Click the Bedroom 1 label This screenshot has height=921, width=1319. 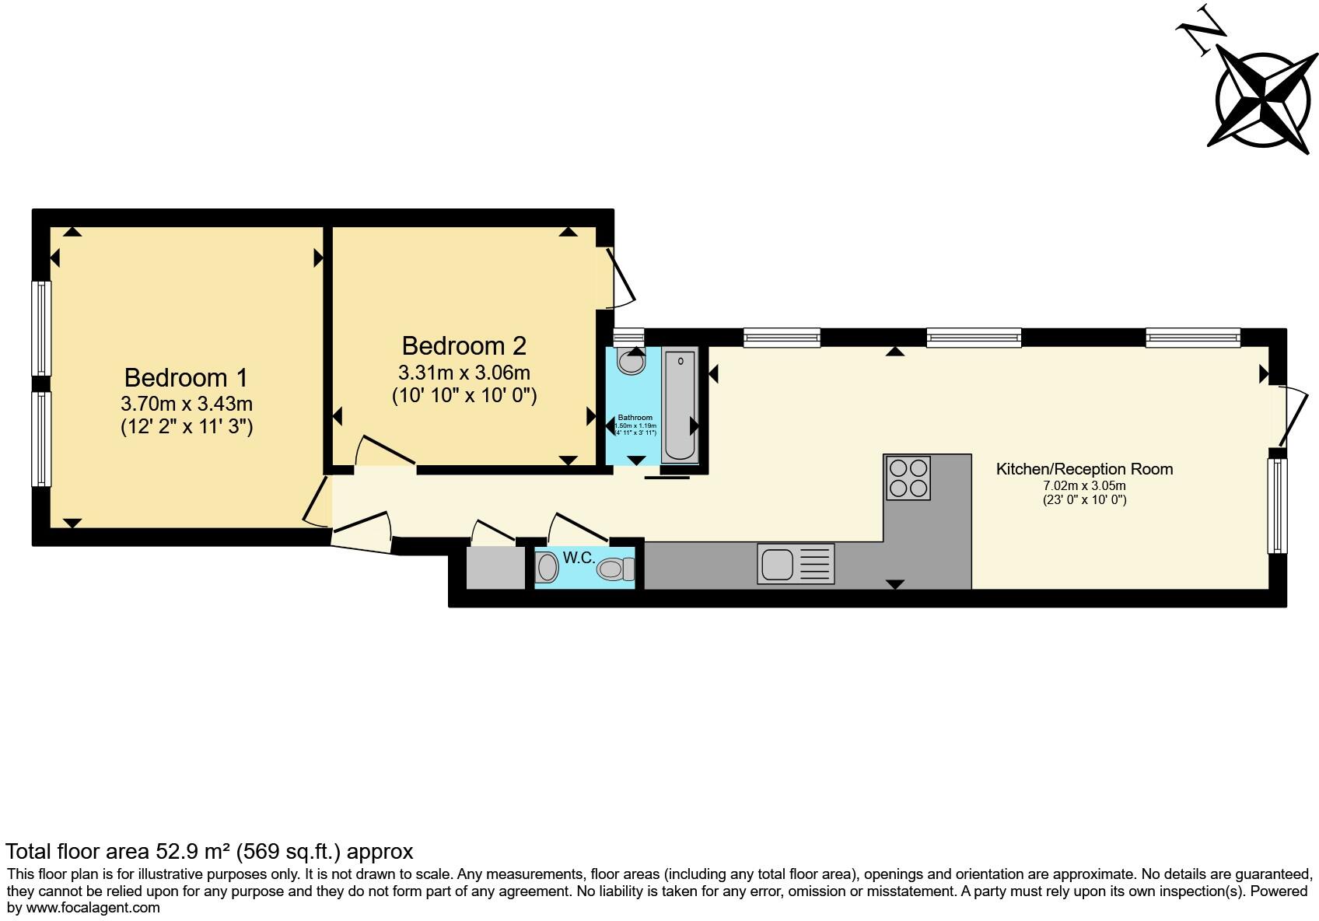point(186,377)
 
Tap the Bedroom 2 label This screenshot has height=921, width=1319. point(464,345)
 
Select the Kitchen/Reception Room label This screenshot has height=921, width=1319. point(1084,469)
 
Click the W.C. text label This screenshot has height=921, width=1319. point(579,558)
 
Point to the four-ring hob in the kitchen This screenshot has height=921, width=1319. point(908,478)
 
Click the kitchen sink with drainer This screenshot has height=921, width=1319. point(795,564)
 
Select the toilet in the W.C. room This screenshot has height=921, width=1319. point(616,569)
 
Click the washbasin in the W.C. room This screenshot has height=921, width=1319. point(548,568)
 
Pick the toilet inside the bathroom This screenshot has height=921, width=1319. point(631,361)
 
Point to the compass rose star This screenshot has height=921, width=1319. point(1266,100)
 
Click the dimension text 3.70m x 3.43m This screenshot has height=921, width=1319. point(187,404)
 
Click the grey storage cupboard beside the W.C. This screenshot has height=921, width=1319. point(495,568)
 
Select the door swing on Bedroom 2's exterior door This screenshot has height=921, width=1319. point(622,278)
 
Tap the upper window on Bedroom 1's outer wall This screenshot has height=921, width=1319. point(41,327)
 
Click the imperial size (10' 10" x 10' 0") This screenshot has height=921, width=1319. point(464,396)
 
